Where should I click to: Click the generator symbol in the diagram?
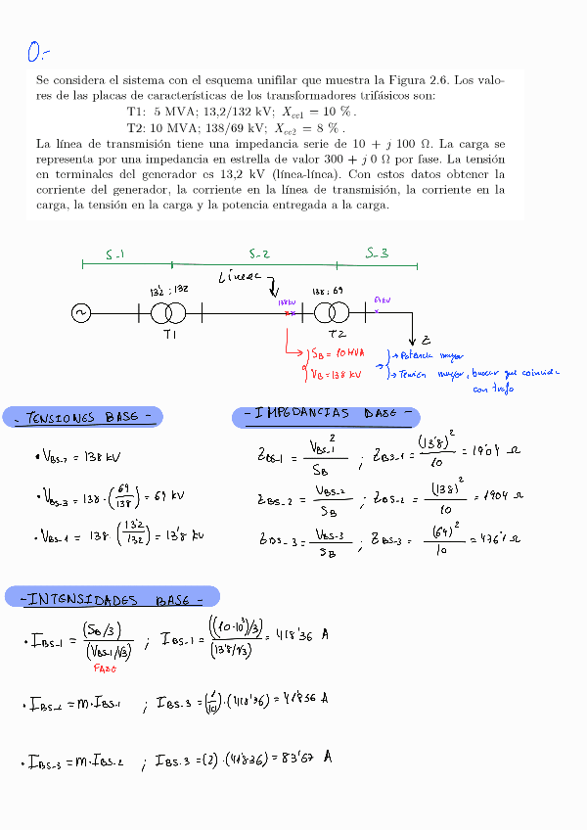(80, 313)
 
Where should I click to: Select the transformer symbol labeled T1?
(169, 313)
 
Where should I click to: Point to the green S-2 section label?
(258, 254)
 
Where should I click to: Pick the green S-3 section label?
(377, 253)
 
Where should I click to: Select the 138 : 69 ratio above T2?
(327, 292)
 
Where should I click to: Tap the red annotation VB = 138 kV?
(336, 374)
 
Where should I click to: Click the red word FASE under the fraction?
(106, 669)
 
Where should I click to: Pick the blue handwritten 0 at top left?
(37, 51)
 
